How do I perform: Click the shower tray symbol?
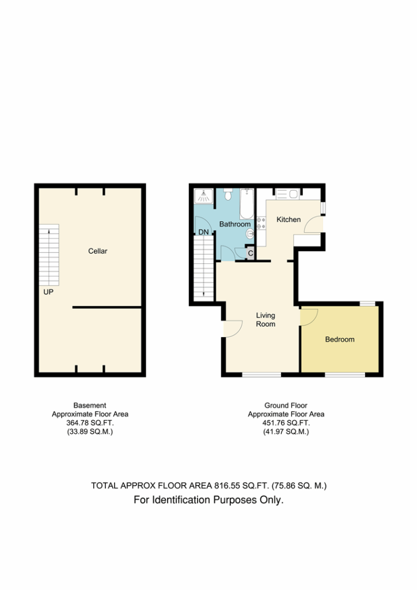pos(203,196)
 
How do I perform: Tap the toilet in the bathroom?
pos(228,195)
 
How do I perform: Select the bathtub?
pos(247,204)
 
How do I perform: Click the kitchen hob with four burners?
pos(261,223)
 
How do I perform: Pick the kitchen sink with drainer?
pos(287,194)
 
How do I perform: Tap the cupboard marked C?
pos(250,254)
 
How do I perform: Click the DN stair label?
pos(203,232)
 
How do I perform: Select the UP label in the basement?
pos(48,292)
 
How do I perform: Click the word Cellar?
pos(98,251)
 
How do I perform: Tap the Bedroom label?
pos(340,339)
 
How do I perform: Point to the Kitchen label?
pos(289,220)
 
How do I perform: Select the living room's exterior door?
pos(233,329)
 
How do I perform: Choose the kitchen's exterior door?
pos(313,224)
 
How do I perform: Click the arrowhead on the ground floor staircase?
pos(203,294)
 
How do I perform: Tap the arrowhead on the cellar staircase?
pos(49,232)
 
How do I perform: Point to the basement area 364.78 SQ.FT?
pos(90,423)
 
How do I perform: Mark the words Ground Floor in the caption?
pos(286,406)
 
